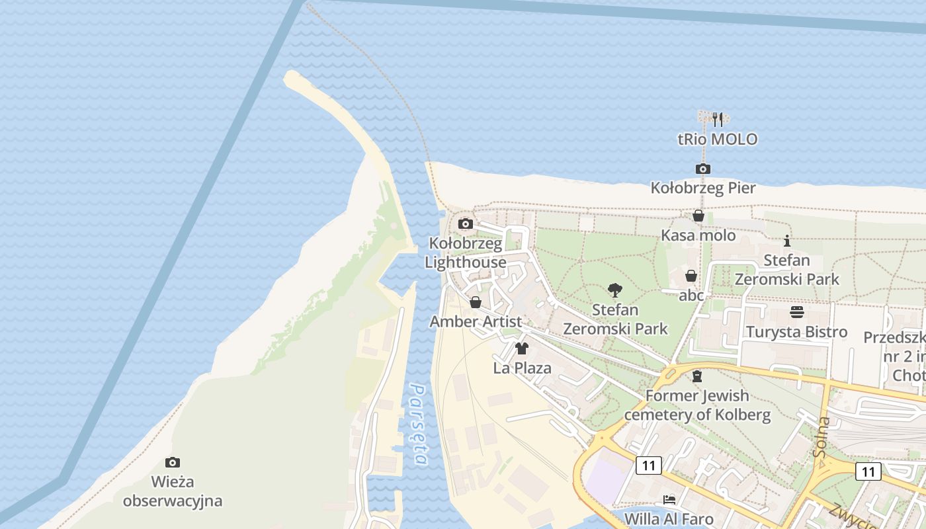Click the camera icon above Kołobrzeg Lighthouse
click(465, 224)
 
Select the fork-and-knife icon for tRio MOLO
click(718, 120)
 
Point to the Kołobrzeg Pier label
click(703, 188)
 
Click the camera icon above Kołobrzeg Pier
click(703, 169)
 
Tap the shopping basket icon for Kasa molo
click(698, 216)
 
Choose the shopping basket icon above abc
click(691, 276)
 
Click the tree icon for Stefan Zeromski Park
click(614, 290)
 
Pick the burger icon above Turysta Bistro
click(796, 312)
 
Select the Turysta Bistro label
click(796, 332)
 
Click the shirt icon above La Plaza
click(522, 348)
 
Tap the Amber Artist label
click(476, 322)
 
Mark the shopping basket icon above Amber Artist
click(475, 302)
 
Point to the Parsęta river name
click(419, 424)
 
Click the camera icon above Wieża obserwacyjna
click(173, 462)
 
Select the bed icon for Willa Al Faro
click(669, 499)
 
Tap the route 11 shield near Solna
click(867, 471)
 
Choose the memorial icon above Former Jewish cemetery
click(696, 376)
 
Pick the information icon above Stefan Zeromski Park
click(787, 241)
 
